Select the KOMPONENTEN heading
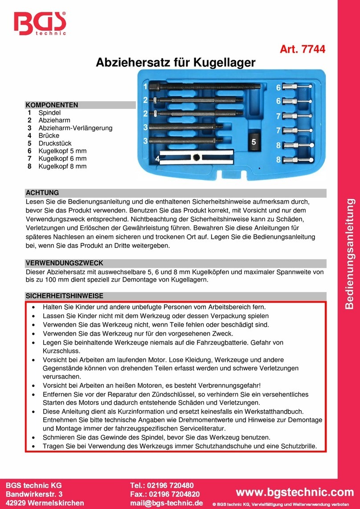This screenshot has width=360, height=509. [52, 105]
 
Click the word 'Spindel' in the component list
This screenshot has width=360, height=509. [49, 113]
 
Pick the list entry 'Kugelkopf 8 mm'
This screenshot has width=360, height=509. [62, 166]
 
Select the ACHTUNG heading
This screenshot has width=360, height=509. [43, 193]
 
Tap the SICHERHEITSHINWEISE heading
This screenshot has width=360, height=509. [64, 296]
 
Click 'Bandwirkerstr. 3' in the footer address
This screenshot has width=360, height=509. [34, 493]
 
